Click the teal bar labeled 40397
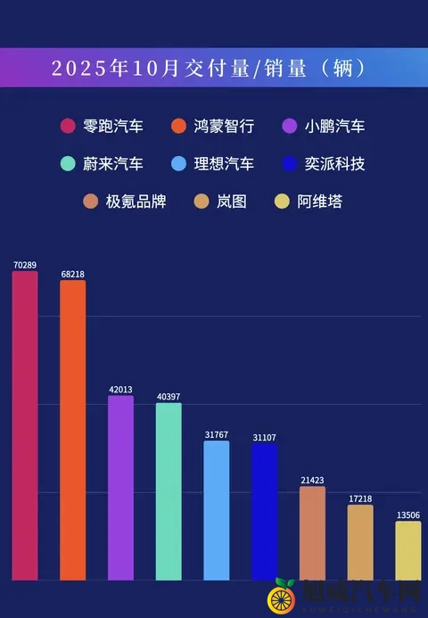pos(169,491)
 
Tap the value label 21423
pos(312,480)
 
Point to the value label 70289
pos(25,265)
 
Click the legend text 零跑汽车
pos(112,126)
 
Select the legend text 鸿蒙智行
pos(224,126)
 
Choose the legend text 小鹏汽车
pos(334,126)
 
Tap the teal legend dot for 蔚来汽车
pos(67,164)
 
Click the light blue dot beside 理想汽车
pos(178,164)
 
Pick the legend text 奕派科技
pos(334,164)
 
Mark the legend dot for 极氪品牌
pos(90,202)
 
